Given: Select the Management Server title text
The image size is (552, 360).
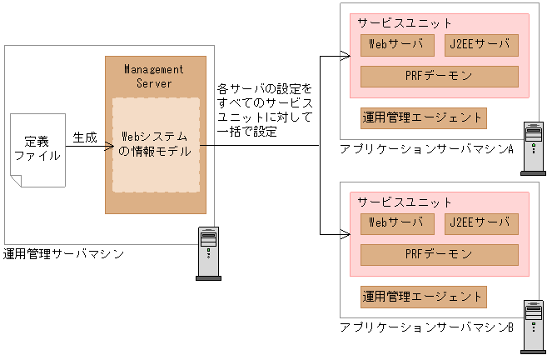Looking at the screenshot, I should pos(153,76).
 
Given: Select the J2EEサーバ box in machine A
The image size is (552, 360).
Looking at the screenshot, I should pos(482,44).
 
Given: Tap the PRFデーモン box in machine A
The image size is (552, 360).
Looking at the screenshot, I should pos(439,77).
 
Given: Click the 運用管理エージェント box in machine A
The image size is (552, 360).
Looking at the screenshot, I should pos(423,118).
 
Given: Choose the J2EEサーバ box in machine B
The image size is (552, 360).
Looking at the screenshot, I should pos(482,223).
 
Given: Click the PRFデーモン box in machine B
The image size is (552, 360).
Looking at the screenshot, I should pos(439,255).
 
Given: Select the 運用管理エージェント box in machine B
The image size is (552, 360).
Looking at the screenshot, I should pos(423,297).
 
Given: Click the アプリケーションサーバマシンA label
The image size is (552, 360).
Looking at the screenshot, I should pos(425,149).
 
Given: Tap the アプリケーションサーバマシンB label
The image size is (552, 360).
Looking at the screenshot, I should pos(425,327).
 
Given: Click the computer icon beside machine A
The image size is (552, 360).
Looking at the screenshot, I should pos(532,148).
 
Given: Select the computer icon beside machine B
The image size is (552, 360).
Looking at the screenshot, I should pos(532,327).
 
